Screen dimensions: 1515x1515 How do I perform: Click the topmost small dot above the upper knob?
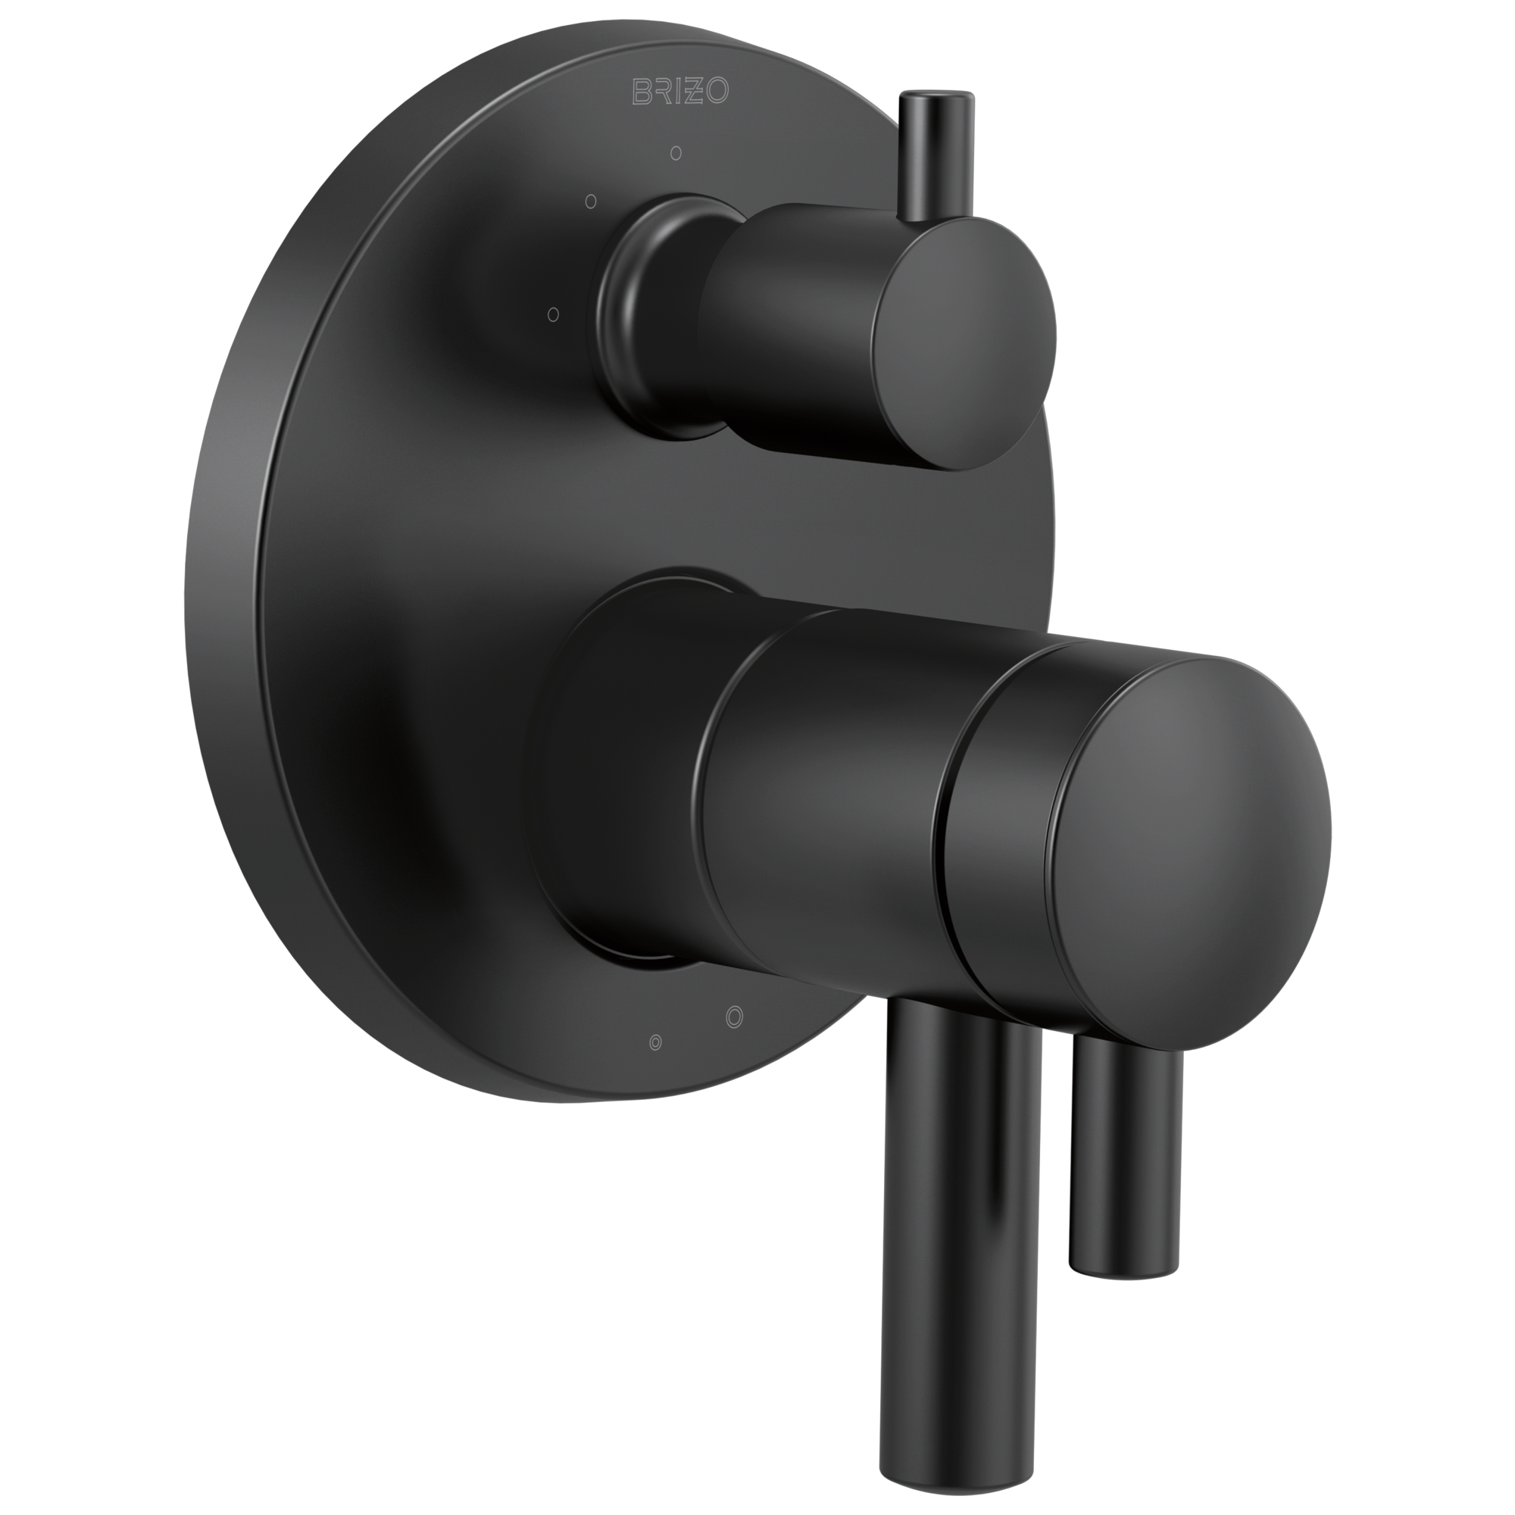click(x=676, y=153)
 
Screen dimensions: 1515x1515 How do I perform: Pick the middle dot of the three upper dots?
click(x=592, y=201)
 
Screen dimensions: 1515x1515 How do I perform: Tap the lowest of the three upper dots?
click(x=553, y=314)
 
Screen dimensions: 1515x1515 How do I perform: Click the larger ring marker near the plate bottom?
click(x=734, y=1017)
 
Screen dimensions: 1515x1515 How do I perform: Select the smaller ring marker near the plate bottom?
click(x=655, y=1042)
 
